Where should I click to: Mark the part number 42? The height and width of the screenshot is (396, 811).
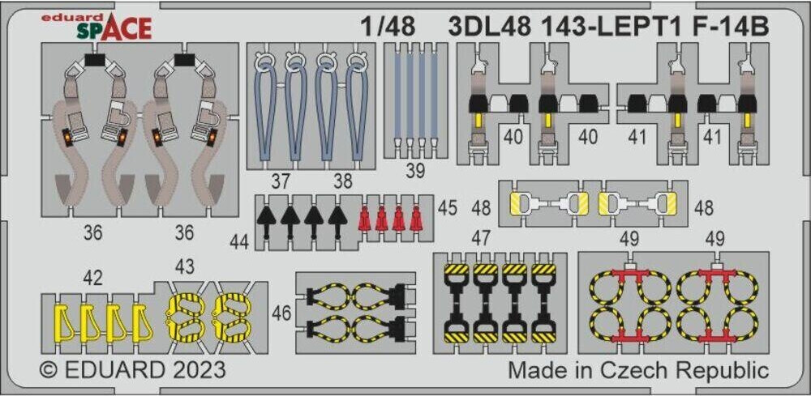[92, 278]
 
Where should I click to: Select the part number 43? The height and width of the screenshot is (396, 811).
[184, 266]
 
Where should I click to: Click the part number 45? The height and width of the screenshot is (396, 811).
[447, 208]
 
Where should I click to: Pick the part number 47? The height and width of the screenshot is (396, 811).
[482, 237]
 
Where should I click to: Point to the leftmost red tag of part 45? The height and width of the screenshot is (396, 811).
[365, 218]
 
